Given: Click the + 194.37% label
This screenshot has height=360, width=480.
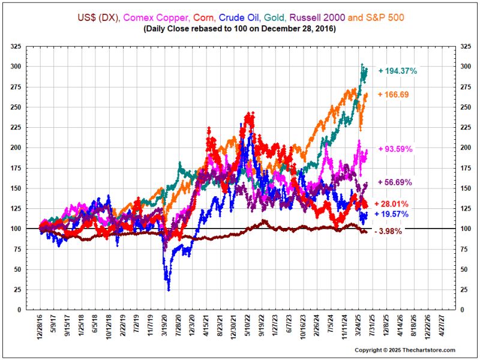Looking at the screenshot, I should [397, 71].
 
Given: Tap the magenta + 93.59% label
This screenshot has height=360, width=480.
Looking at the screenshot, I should [395, 149].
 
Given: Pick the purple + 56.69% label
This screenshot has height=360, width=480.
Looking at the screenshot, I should [395, 182].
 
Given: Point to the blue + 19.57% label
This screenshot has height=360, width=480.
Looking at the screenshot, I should [393, 214].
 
